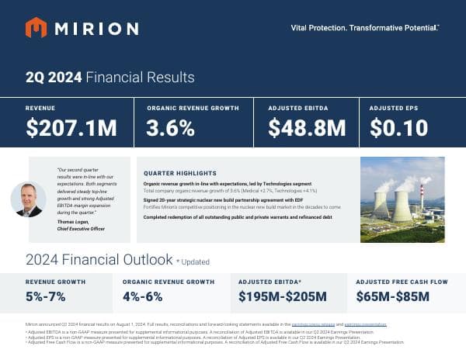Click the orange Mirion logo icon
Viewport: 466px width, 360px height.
tap(36, 28)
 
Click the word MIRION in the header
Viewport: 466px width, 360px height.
tap(96, 29)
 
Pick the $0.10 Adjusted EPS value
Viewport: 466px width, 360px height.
tap(398, 128)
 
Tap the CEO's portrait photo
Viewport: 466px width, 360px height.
tap(28, 199)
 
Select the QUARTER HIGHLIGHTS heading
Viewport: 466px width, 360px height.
tap(180, 172)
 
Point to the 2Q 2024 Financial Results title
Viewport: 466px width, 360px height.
tap(110, 78)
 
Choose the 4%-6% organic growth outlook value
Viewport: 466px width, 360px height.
tap(143, 296)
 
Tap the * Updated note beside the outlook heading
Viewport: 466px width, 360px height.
tap(192, 261)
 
